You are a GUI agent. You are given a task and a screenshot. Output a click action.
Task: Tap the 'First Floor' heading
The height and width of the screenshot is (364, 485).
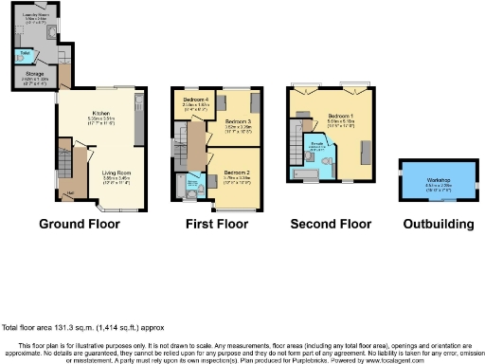pyautogui.click(x=216, y=225)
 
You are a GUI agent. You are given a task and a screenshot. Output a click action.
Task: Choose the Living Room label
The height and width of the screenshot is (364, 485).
pyautogui.click(x=117, y=173)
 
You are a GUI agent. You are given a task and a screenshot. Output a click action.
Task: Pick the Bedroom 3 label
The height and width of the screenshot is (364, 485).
pyautogui.click(x=237, y=123)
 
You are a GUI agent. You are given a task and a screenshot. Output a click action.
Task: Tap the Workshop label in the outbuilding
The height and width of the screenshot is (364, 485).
pyautogui.click(x=438, y=179)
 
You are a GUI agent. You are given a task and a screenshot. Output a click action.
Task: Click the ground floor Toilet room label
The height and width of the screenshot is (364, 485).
pyautogui.click(x=23, y=52)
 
